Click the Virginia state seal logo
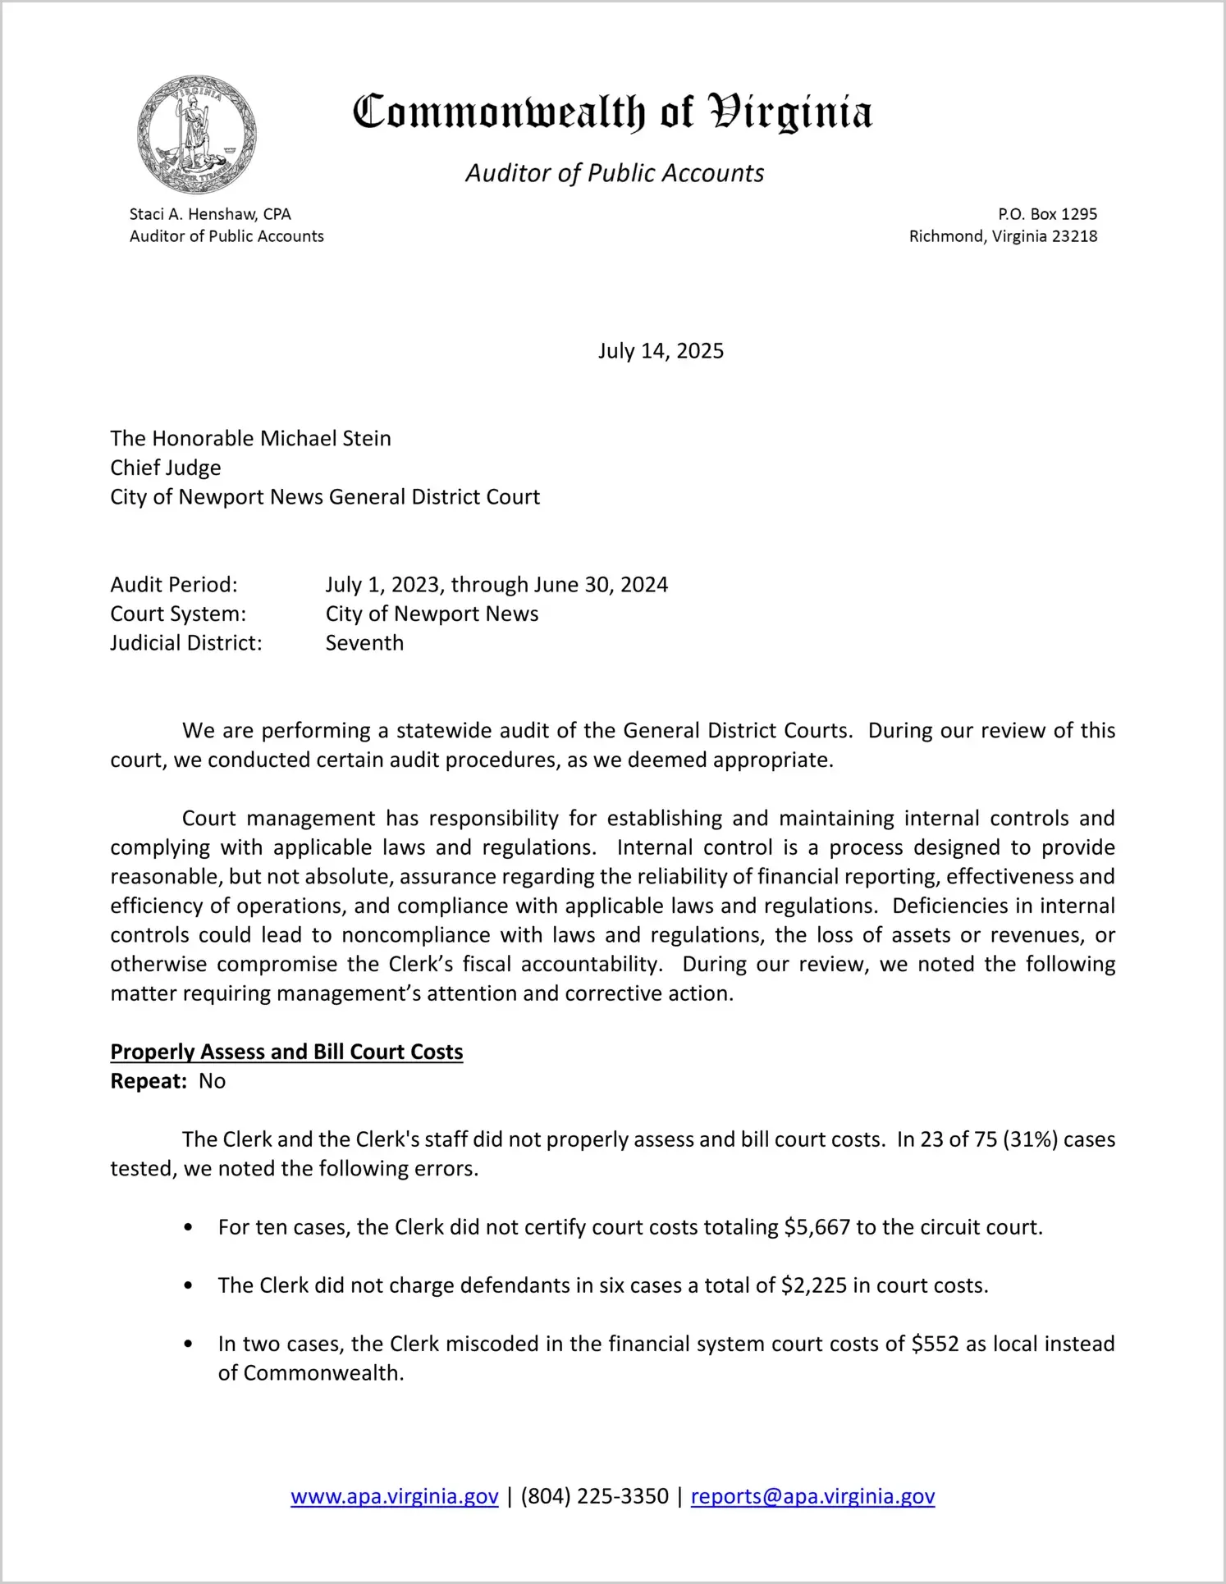196,135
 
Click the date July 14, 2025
661,351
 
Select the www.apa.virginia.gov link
395,1496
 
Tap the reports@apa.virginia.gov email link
812,1496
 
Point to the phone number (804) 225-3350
594,1496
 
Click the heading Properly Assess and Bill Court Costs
286,1052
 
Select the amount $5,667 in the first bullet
817,1227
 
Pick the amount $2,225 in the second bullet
814,1285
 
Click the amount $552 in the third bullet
936,1344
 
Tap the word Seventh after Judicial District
364,643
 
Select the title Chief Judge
166,468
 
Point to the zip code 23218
1074,236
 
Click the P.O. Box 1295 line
1047,214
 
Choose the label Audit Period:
174,585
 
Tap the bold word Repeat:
149,1081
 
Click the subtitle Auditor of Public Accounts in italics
615,173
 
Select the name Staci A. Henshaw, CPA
210,214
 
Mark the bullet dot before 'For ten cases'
189,1228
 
